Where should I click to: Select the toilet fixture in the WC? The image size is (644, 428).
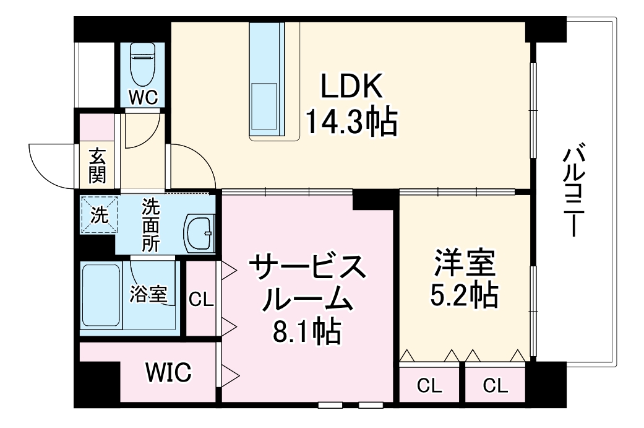coord(144,64)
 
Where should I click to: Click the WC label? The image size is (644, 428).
coord(144,97)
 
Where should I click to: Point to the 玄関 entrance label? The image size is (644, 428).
coord(97,166)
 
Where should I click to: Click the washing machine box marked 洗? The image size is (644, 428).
coord(98,214)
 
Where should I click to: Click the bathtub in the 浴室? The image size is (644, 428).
coord(101,297)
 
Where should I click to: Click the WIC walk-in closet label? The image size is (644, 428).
coord(168,373)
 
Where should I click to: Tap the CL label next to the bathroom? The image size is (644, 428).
coord(200,300)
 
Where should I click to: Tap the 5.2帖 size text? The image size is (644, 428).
coord(465,297)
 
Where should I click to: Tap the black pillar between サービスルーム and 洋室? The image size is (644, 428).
coord(375,199)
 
